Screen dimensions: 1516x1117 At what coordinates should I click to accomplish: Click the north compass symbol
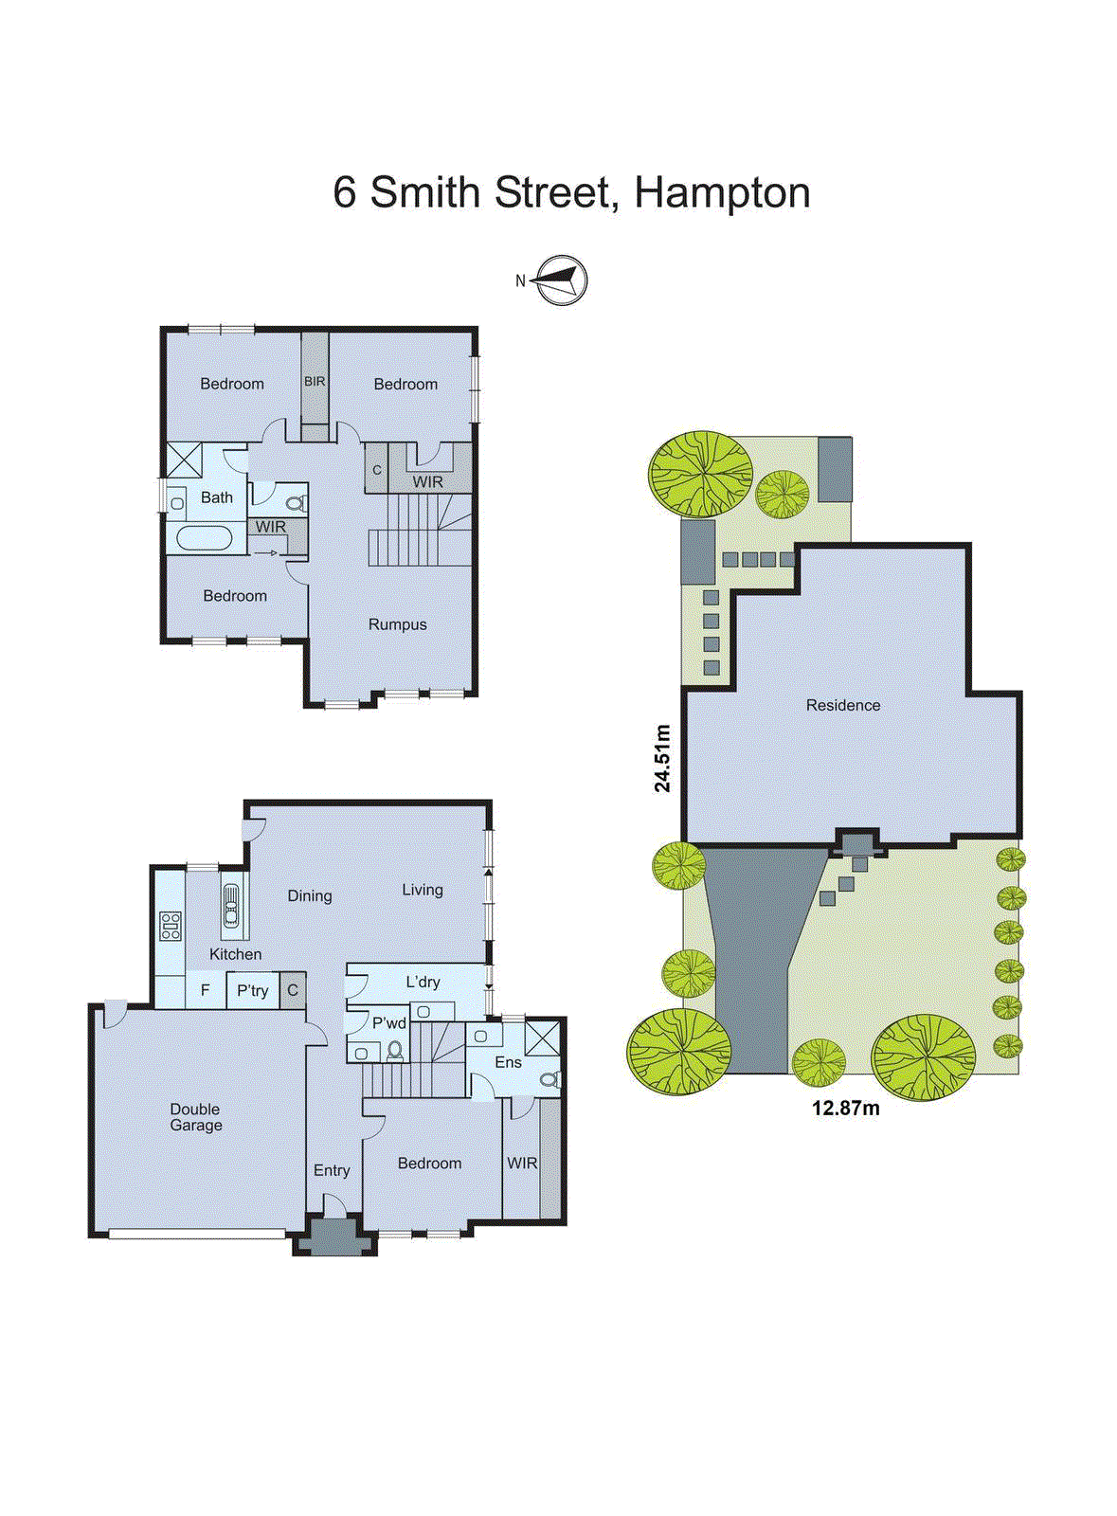tap(560, 280)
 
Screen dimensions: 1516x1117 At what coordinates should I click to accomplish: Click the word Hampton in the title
tap(722, 192)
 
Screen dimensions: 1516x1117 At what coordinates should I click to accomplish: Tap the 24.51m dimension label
tap(662, 757)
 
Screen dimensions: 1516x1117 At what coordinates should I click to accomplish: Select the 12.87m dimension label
tap(845, 1108)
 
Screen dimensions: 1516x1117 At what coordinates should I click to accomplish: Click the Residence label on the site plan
tap(842, 705)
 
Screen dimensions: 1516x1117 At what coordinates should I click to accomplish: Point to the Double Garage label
tap(196, 1117)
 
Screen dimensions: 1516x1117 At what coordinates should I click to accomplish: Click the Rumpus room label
tap(397, 624)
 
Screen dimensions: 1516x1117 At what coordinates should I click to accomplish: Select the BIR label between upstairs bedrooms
tap(315, 382)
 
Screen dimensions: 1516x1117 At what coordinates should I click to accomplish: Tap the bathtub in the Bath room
tap(204, 538)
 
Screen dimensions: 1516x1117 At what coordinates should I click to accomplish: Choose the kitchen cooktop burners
tap(171, 926)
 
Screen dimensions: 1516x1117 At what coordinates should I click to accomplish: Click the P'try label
tap(252, 991)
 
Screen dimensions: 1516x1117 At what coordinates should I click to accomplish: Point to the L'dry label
tap(423, 982)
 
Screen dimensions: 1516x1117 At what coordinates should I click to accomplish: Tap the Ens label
tap(508, 1062)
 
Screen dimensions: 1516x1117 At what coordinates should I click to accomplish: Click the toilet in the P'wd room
tap(395, 1050)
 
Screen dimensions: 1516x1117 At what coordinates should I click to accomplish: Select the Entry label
tap(332, 1170)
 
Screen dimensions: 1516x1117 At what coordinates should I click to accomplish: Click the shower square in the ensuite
tap(542, 1038)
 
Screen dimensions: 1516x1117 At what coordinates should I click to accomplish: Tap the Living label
tap(422, 890)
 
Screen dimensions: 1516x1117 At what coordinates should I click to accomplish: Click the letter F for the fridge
tap(205, 991)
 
